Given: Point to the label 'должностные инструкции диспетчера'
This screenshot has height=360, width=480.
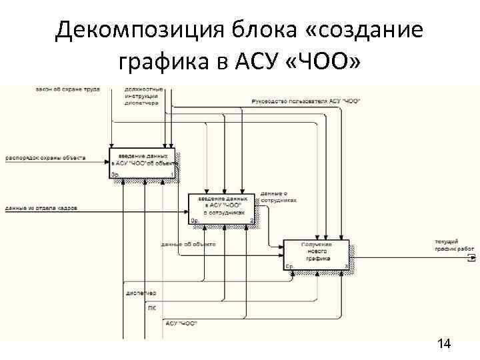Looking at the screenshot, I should (x=142, y=96).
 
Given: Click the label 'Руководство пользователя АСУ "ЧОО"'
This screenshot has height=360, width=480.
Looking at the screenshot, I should (x=306, y=101).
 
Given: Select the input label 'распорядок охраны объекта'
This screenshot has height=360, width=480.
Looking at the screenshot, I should (x=45, y=158).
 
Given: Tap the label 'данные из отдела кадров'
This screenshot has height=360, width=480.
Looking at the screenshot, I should (x=41, y=209).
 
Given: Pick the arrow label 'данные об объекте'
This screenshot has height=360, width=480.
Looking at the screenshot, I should (x=188, y=244).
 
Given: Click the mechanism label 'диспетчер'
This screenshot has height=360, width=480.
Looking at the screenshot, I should (x=140, y=293).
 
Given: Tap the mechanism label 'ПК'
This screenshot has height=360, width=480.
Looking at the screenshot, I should (x=152, y=307).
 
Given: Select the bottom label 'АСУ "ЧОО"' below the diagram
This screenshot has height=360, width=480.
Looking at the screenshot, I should (x=181, y=323).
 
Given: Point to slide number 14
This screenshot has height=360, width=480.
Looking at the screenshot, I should (x=444, y=344).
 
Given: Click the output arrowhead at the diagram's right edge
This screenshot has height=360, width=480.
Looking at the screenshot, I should (x=470, y=255).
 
